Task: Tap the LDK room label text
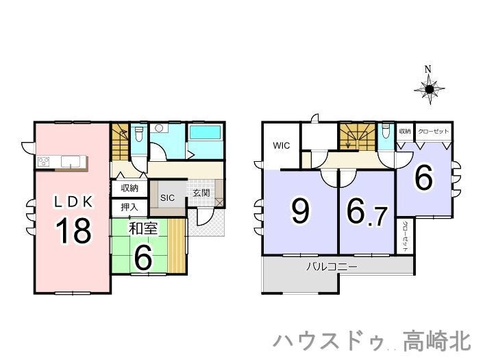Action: coord(73,202)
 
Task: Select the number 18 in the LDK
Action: coord(73,230)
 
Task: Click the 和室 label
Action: coord(143,228)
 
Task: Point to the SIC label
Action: coord(167,197)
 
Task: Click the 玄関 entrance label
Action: coord(201,193)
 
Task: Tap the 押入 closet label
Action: coord(129,207)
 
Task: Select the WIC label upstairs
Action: coord(282,145)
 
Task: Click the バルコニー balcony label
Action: coord(332,266)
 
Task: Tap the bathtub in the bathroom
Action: coord(206,132)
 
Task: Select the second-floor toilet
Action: coord(386,131)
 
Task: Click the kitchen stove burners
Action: coord(43,162)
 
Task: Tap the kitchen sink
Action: coord(71,161)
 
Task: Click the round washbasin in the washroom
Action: coord(159,128)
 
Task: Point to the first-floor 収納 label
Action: coord(129,188)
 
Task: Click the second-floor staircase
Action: coord(358,137)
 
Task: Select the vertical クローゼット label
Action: coord(406,236)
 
